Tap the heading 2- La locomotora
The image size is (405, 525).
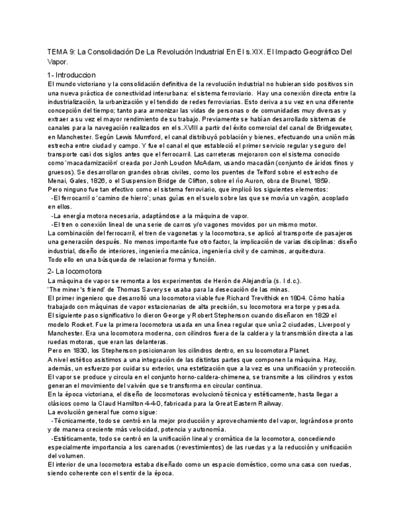pyautogui.click(x=75, y=271)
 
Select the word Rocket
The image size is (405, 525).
pyautogui.click(x=87, y=324)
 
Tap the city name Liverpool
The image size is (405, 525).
pyautogui.click(x=326, y=324)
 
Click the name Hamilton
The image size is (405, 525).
pyautogui.click(x=134, y=404)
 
